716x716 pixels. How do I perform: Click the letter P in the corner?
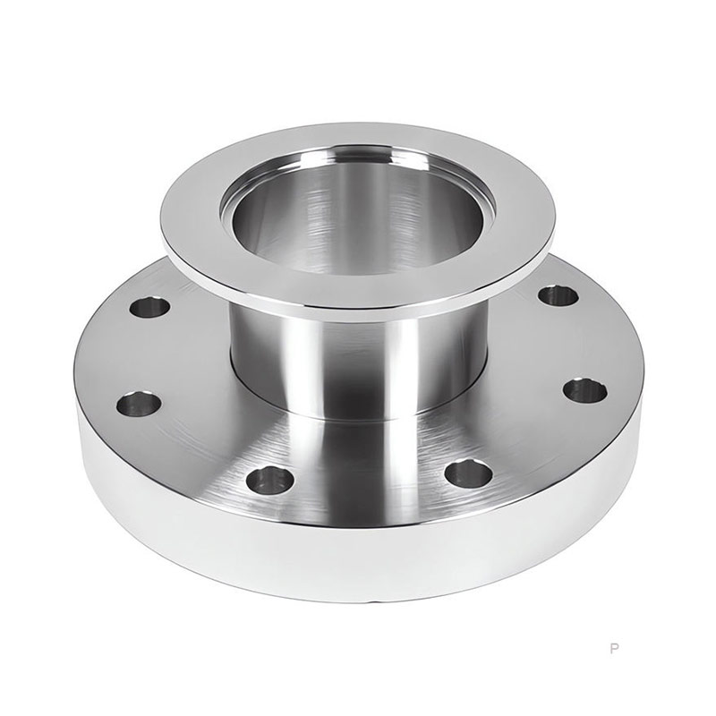613,647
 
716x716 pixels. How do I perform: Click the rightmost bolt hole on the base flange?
584,390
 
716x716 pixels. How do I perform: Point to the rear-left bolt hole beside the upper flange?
149,309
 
